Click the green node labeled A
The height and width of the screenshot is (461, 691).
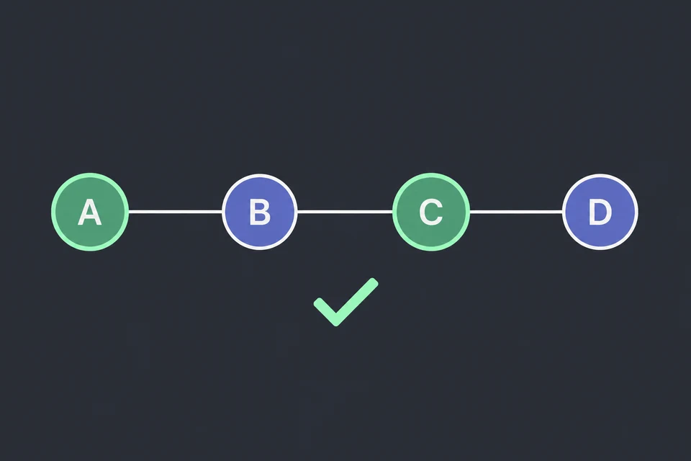click(x=90, y=212)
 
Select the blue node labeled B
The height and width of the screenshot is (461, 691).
click(x=260, y=212)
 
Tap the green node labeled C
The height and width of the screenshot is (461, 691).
click(x=431, y=212)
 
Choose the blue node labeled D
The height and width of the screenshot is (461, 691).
click(x=600, y=212)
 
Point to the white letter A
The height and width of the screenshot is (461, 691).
click(x=90, y=212)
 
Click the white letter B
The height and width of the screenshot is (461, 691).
click(x=260, y=212)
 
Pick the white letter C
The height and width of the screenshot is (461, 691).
click(x=430, y=212)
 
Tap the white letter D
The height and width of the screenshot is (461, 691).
click(x=600, y=212)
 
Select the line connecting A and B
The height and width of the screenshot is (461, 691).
click(x=176, y=212)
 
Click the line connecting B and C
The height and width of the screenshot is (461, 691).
click(x=345, y=212)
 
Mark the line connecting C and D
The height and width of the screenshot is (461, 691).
click(x=516, y=212)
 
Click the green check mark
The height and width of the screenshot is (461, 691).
click(x=345, y=303)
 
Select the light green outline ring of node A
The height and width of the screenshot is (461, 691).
click(x=90, y=175)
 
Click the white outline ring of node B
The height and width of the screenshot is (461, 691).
click(x=260, y=176)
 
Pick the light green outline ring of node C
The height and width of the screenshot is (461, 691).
click(x=431, y=175)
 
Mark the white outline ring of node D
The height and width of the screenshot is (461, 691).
click(x=600, y=176)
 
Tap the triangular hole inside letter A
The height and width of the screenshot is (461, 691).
click(x=90, y=212)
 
